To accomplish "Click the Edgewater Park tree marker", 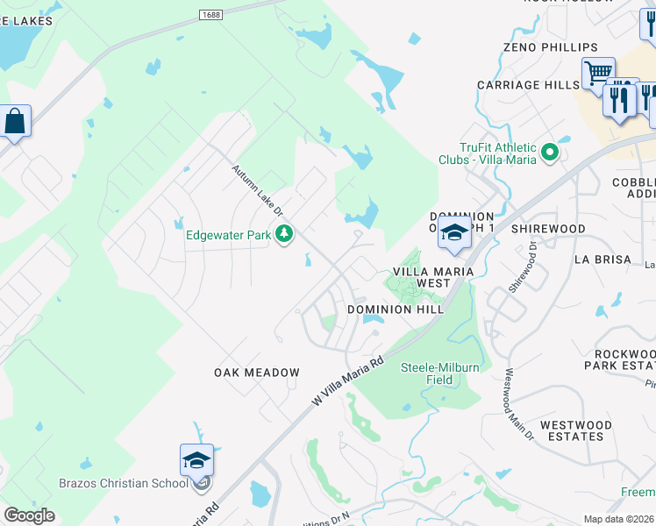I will pyautogui.click(x=283, y=234).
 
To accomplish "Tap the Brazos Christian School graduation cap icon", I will pyautogui.click(x=196, y=460).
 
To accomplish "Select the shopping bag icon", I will pyautogui.click(x=15, y=122).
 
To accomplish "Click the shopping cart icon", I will pyautogui.click(x=598, y=72).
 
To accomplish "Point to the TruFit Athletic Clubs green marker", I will pyautogui.click(x=550, y=153).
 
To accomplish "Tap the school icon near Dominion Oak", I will pyautogui.click(x=454, y=233).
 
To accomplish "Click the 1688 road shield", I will pyautogui.click(x=210, y=15).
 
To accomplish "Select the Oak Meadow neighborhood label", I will pyautogui.click(x=257, y=373).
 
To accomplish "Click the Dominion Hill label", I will pyautogui.click(x=392, y=309).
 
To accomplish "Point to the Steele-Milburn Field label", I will pyautogui.click(x=440, y=373).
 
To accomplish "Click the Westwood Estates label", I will pyautogui.click(x=572, y=430).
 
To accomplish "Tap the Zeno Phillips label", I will pyautogui.click(x=551, y=47).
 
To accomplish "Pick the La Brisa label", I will pyautogui.click(x=603, y=259).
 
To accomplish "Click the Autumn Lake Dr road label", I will pyautogui.click(x=258, y=190).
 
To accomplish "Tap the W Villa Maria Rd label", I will pyautogui.click(x=349, y=380).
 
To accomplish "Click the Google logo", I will pyautogui.click(x=30, y=515).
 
